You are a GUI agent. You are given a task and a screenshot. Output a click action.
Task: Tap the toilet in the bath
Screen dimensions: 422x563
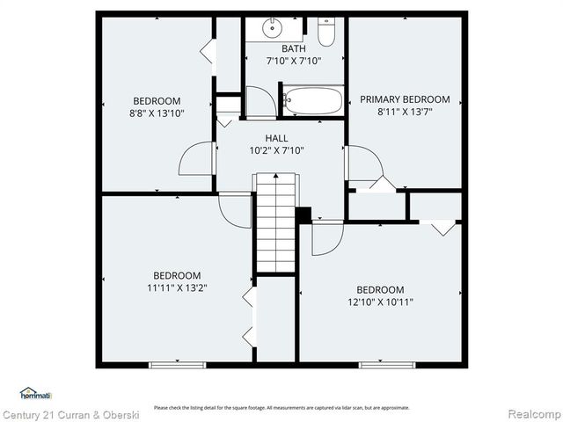pyautogui.click(x=326, y=32)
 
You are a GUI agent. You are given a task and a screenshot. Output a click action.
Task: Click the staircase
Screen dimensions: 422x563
pyautogui.click(x=276, y=224)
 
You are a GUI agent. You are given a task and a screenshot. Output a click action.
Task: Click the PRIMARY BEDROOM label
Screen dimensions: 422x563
pyautogui.click(x=405, y=99)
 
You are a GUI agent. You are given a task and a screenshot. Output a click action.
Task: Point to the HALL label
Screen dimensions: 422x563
pyautogui.click(x=276, y=138)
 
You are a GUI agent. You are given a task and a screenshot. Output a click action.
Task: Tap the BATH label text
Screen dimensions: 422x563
pyautogui.click(x=294, y=48)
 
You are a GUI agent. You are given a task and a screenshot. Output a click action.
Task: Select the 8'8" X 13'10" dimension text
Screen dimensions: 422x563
pyautogui.click(x=157, y=113)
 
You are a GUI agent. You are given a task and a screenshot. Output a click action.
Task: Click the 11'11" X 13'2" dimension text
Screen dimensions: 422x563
pyautogui.click(x=177, y=287)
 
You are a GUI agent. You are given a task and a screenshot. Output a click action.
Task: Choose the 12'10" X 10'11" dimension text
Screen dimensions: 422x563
pyautogui.click(x=380, y=302)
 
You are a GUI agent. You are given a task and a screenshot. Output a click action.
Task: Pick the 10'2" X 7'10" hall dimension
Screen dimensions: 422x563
pyautogui.click(x=276, y=150)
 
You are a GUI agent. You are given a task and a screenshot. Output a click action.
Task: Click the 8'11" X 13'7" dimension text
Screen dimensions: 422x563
pyautogui.click(x=405, y=112)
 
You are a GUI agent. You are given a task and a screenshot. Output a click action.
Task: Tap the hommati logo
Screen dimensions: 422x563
pyautogui.click(x=35, y=393)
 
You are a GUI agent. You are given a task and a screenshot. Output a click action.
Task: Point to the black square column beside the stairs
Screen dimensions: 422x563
pyautogui.click(x=304, y=215)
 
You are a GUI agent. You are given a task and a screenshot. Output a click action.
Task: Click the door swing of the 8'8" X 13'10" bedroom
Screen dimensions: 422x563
pyautogui.click(x=197, y=159)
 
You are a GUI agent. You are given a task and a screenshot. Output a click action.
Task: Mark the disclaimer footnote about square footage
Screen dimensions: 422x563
pyautogui.click(x=281, y=407)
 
